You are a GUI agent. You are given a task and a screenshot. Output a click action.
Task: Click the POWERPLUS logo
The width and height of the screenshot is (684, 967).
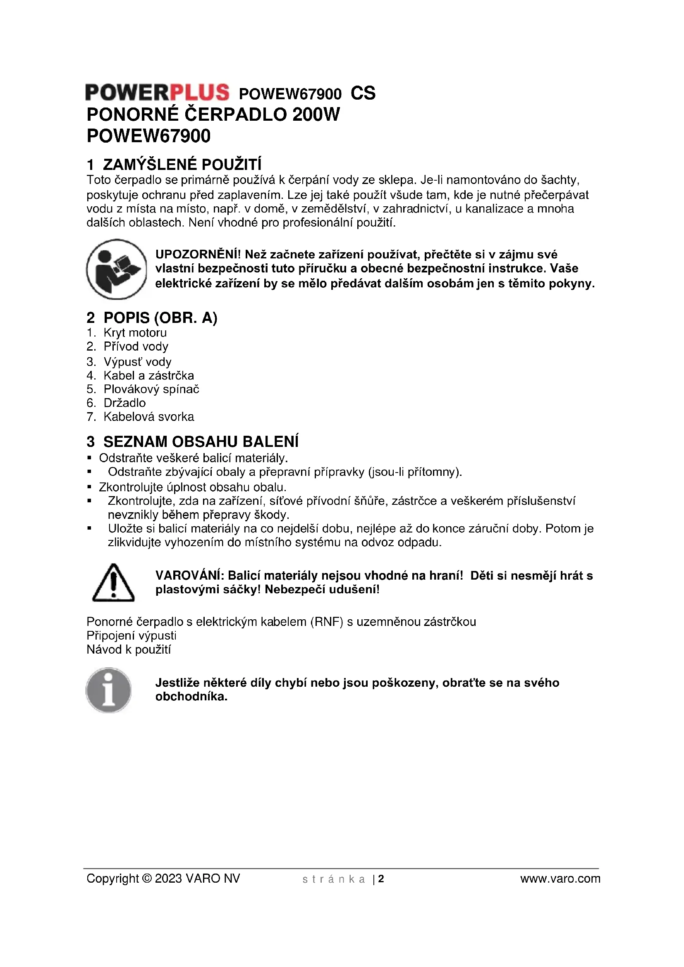[x=157, y=92]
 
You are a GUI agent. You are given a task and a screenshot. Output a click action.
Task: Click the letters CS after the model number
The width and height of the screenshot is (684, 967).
[x=363, y=93]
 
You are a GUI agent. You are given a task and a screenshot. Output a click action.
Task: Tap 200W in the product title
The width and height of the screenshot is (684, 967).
[x=316, y=115]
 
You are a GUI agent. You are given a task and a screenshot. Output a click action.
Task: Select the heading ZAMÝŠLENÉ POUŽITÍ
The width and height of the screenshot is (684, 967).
[x=182, y=164]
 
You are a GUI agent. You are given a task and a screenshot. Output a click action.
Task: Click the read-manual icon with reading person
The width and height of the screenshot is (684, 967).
[x=117, y=269]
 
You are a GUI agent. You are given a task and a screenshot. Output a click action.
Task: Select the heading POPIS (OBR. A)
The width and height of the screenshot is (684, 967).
[x=160, y=318]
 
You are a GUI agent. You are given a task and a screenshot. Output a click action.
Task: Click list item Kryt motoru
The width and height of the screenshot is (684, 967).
[x=135, y=333]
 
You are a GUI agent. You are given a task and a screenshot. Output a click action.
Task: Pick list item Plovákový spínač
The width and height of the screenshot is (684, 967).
[x=151, y=389]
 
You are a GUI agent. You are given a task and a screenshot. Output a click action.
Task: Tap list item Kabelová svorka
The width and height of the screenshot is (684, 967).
[x=149, y=417]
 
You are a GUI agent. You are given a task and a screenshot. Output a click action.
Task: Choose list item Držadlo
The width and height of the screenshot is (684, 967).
[x=124, y=403]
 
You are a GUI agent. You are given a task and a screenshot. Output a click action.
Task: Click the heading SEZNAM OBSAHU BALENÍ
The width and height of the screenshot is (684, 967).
[x=201, y=442]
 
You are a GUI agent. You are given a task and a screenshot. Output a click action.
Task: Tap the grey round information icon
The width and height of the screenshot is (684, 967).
[x=109, y=690]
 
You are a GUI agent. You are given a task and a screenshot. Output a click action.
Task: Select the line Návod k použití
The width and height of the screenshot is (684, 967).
[x=129, y=649]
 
